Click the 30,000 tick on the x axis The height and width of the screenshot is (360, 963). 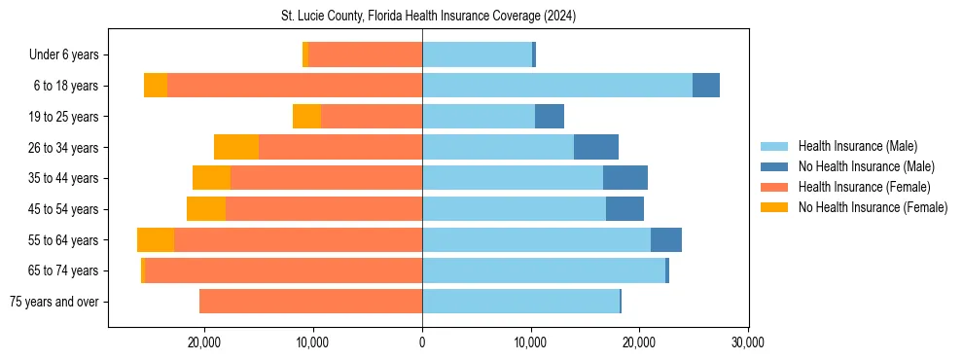point(747,342)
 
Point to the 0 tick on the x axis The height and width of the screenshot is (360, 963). point(422,342)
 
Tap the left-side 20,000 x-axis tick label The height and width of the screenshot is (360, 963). point(205,342)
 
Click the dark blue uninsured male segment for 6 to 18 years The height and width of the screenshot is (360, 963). point(706,86)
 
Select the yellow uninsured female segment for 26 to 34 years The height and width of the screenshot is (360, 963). point(236,147)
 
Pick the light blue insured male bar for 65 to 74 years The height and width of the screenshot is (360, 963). point(544,270)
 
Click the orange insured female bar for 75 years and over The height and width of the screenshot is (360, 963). point(310,302)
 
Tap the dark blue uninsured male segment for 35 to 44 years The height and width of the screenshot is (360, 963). point(625,178)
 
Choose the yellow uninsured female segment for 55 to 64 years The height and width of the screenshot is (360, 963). point(156,240)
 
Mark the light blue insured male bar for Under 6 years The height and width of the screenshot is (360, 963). point(477,54)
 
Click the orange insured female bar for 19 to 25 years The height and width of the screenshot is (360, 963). point(372,117)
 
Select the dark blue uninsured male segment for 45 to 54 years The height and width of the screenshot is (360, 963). point(624,209)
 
